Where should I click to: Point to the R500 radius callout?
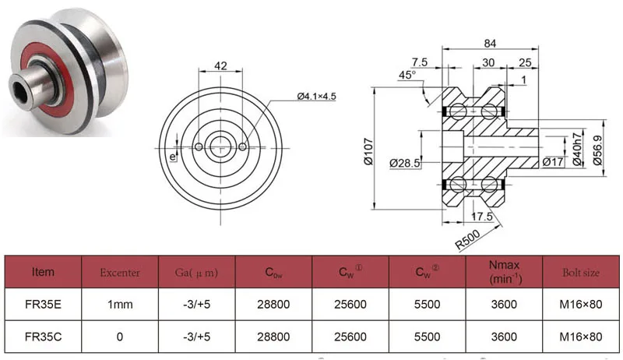pyautogui.click(x=467, y=239)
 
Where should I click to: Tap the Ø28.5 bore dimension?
pyautogui.click(x=404, y=162)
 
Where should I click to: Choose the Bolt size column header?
pyautogui.click(x=580, y=273)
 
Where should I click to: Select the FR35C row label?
pyautogui.click(x=43, y=337)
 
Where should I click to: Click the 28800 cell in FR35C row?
pyautogui.click(x=273, y=337)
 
